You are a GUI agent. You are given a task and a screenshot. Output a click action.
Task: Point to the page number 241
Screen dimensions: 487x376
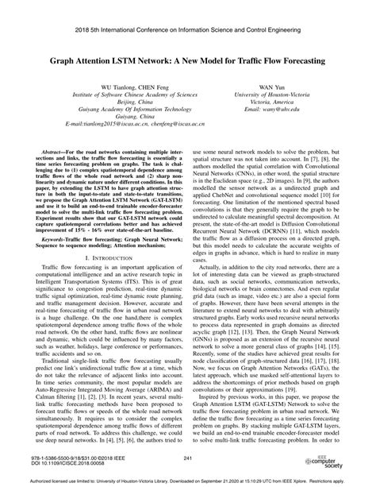pyautogui.click(x=188, y=458)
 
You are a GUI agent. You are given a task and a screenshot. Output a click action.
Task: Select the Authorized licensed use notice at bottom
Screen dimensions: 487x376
pyautogui.click(x=188, y=480)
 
